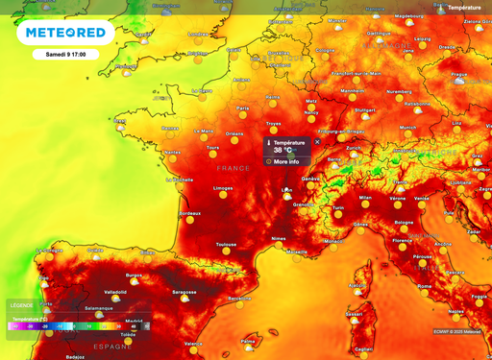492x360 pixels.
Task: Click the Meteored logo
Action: (x=64, y=34)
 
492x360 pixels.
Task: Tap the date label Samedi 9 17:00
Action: (x=65, y=55)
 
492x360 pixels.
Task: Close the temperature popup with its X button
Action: (x=317, y=142)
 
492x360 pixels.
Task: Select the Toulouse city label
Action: (x=227, y=244)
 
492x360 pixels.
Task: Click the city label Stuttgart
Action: (x=364, y=109)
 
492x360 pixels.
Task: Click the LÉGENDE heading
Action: (x=21, y=305)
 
